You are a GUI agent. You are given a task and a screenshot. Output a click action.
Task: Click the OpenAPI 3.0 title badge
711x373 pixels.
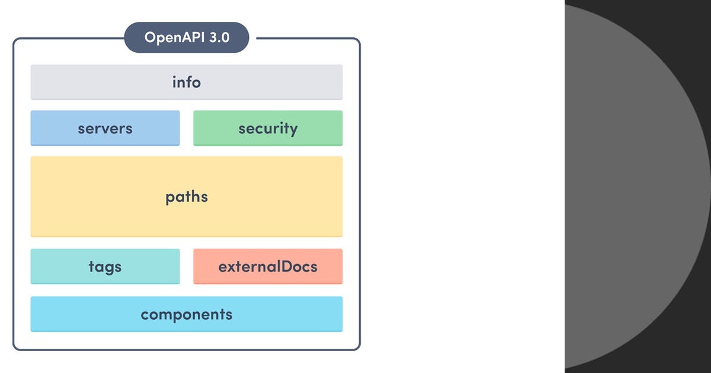[x=187, y=38]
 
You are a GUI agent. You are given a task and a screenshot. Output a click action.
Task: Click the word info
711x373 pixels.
[x=187, y=82]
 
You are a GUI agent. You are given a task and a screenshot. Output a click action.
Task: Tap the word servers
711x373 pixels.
[x=105, y=128]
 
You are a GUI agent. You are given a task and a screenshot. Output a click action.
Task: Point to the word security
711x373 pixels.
[x=268, y=128]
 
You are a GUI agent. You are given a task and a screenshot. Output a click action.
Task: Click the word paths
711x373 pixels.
[x=187, y=197]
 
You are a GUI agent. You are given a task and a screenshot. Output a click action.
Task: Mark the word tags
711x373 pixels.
[x=105, y=266]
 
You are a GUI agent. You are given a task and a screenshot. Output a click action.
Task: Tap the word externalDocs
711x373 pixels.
[x=268, y=266]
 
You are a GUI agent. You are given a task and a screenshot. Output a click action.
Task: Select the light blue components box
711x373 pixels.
[x=71, y=314]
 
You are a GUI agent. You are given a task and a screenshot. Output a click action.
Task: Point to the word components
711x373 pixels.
[x=187, y=314]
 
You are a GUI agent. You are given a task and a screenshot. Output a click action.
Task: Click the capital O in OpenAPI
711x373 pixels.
[x=150, y=38]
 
